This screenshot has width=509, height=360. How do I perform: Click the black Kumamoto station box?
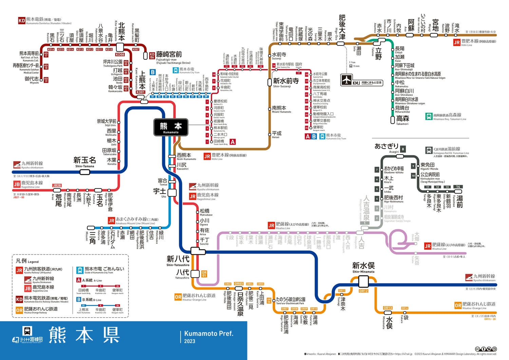[x=171, y=127]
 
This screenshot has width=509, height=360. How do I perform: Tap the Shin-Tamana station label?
[x=84, y=161]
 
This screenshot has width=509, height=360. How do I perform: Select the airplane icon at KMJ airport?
[x=346, y=80]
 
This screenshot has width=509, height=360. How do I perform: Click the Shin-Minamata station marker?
[x=363, y=281]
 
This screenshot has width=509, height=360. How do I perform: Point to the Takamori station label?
[x=402, y=120]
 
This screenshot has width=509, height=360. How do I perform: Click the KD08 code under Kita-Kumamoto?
[x=120, y=54]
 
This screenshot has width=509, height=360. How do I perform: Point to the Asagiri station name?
[x=387, y=147]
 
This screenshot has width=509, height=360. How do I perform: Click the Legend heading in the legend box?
[x=27, y=261]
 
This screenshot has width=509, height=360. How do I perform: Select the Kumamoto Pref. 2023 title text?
[x=208, y=337]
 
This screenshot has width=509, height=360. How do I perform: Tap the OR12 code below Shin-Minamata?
[x=363, y=291]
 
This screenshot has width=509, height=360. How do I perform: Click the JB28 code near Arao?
[x=57, y=185]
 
